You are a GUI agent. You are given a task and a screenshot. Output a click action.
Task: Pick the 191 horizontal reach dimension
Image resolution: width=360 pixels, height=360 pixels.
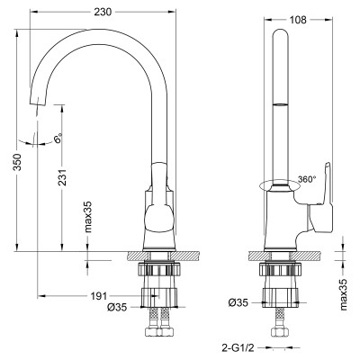pos(100,295)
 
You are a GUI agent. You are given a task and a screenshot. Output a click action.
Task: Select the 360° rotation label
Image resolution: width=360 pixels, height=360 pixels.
pos(307,179)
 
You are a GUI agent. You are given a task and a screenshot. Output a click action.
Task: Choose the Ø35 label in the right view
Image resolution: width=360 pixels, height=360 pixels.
pos(238,301)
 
